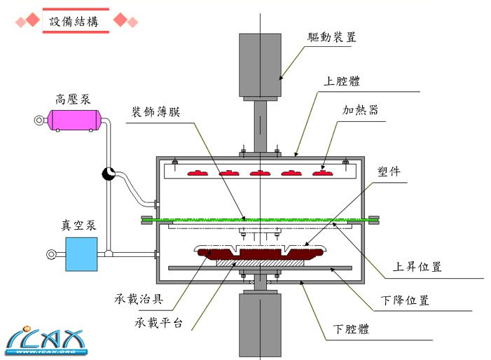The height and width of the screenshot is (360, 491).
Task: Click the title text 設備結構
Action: (74, 21)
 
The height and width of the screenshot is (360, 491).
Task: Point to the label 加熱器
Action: (361, 111)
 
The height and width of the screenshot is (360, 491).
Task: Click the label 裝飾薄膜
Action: (155, 112)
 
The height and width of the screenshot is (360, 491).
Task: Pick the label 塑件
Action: (389, 172)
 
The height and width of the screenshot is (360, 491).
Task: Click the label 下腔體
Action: (355, 328)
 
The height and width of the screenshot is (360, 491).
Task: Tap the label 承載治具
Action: (139, 299)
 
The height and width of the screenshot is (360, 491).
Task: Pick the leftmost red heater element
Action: (198, 172)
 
